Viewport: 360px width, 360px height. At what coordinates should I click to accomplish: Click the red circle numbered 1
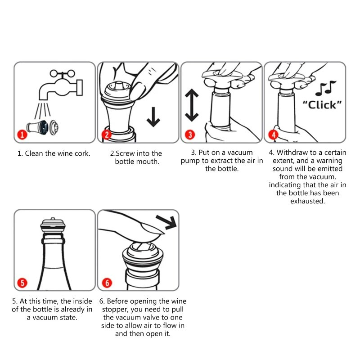pyautogui.click(x=22, y=134)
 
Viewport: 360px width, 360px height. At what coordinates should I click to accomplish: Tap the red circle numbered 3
pyautogui.click(x=190, y=135)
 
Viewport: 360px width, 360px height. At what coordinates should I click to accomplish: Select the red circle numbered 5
pyautogui.click(x=22, y=283)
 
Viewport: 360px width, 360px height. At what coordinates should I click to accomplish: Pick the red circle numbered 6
pyautogui.click(x=107, y=283)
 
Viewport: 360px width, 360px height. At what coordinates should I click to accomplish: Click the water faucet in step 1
pyautogui.click(x=61, y=85)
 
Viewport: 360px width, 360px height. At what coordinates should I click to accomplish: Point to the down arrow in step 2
pyautogui.click(x=153, y=117)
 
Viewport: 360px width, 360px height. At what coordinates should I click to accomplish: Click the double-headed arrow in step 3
pyautogui.click(x=192, y=105)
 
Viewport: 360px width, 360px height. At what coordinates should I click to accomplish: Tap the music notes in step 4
pyautogui.click(x=325, y=88)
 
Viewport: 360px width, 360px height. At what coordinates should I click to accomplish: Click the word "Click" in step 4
pyautogui.click(x=322, y=105)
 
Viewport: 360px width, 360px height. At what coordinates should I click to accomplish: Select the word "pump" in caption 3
pyautogui.click(x=190, y=161)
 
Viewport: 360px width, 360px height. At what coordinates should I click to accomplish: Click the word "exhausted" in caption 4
pyautogui.click(x=307, y=201)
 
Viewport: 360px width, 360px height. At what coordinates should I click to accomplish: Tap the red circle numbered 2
pyautogui.click(x=107, y=135)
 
